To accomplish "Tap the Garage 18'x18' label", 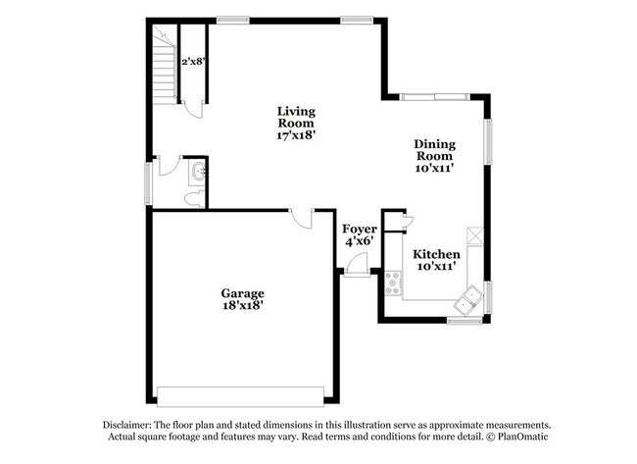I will (x=241, y=299).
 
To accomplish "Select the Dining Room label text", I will (x=434, y=155).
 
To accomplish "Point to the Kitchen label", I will (x=436, y=260).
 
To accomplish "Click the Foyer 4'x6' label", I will (x=360, y=234).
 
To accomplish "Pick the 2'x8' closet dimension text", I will (x=192, y=61).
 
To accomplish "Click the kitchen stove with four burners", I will (x=394, y=283).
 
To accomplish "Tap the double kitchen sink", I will (x=470, y=295).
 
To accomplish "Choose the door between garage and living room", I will (x=303, y=219).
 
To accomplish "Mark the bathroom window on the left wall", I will (x=149, y=182).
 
